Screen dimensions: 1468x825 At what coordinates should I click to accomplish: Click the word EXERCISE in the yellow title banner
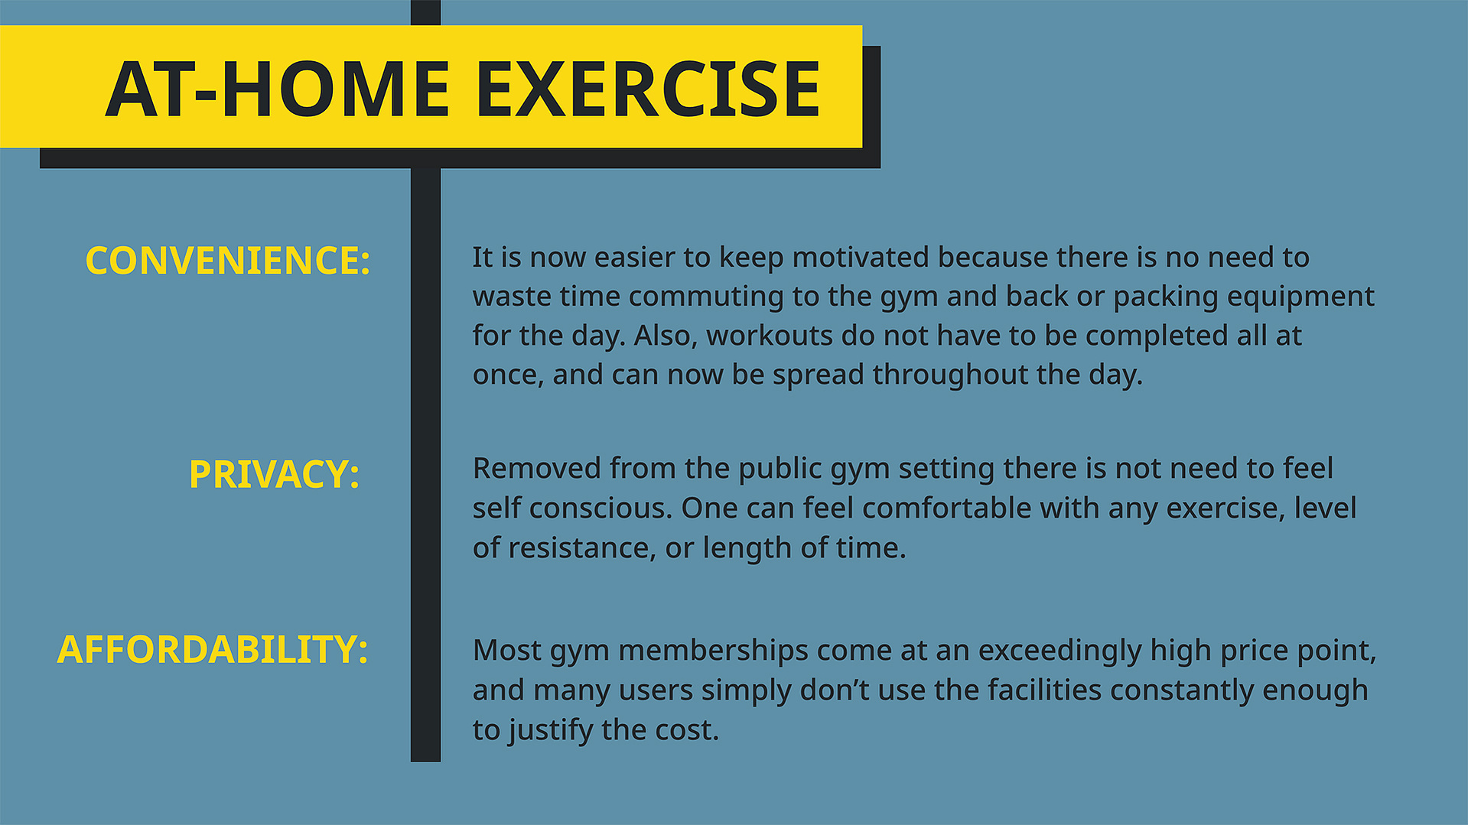pos(649,89)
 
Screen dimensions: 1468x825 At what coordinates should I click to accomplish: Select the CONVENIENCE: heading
pos(228,261)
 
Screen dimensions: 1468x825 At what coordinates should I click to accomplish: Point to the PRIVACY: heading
pos(275,474)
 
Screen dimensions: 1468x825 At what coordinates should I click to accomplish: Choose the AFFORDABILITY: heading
pos(213,650)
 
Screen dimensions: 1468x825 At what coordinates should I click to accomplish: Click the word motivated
pos(860,258)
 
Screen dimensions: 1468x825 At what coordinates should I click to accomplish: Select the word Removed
pos(536,469)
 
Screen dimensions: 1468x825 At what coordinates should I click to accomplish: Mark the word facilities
pos(1044,690)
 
